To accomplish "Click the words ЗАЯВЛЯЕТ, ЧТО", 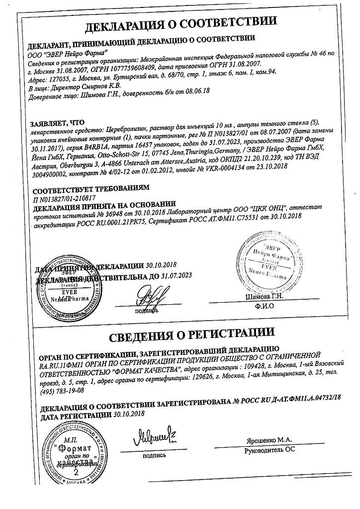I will point(57,122).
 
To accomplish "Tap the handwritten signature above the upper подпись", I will point(150,297).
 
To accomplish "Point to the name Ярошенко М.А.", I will point(269,441).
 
